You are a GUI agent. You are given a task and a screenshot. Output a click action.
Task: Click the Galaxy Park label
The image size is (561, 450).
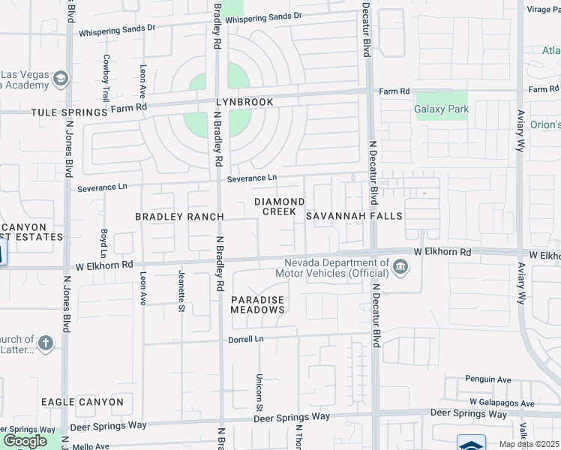click(442, 109)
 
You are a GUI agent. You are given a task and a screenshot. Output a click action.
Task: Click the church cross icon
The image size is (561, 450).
click(46, 343)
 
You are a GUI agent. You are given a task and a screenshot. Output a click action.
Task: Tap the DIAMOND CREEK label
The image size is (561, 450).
click(279, 206)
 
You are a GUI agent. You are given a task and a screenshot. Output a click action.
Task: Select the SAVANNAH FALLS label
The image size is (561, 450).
click(354, 216)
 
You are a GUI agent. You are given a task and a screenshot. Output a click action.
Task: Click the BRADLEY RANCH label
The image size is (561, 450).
click(179, 217)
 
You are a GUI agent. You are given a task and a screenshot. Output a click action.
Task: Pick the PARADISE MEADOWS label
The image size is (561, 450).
click(257, 304)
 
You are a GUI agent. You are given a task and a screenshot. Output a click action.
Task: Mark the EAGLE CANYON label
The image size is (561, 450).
click(82, 402)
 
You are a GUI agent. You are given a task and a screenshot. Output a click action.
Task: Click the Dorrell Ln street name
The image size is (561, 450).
click(247, 340)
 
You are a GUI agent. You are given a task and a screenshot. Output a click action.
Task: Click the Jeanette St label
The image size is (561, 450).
click(181, 292)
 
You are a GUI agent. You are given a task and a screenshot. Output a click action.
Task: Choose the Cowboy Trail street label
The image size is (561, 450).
click(106, 78)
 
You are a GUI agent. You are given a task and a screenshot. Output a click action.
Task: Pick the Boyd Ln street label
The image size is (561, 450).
click(104, 239)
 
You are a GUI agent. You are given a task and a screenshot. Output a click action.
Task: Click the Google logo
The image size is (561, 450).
click(25, 440)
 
